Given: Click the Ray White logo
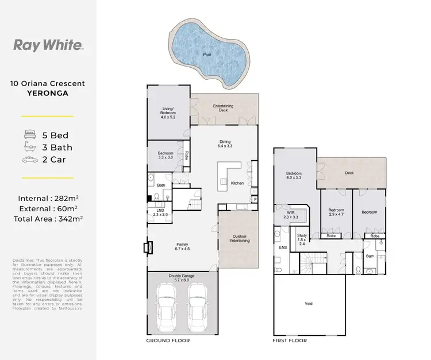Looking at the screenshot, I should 48,45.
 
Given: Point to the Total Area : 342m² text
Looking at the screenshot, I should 48,219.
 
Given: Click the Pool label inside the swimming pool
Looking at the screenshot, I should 206,55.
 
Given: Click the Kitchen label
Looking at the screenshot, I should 237,183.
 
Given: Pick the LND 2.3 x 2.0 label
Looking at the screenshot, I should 160,212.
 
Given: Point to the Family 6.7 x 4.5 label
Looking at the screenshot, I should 182,247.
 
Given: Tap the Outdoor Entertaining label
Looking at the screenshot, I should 239,238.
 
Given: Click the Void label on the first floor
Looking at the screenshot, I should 307,303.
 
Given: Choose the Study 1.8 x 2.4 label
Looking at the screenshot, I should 302,238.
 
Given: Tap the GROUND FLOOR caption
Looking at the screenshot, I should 168,340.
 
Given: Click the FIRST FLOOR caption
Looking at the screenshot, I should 289,340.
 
